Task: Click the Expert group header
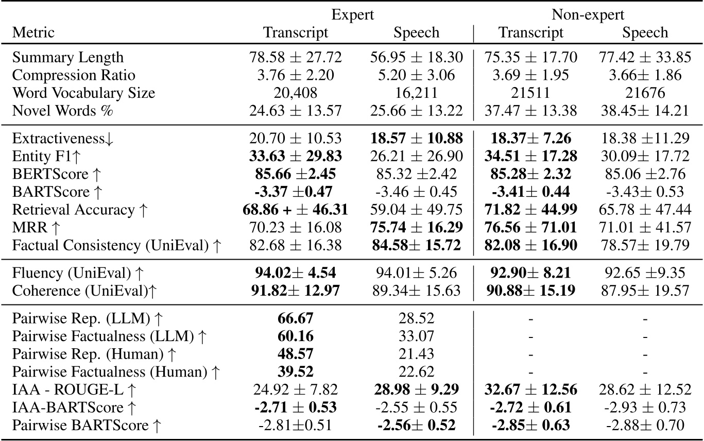353,14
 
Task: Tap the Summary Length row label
67,57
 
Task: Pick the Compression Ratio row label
74,75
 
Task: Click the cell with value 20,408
296,93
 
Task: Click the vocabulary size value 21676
645,93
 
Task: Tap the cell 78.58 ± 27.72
296,57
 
